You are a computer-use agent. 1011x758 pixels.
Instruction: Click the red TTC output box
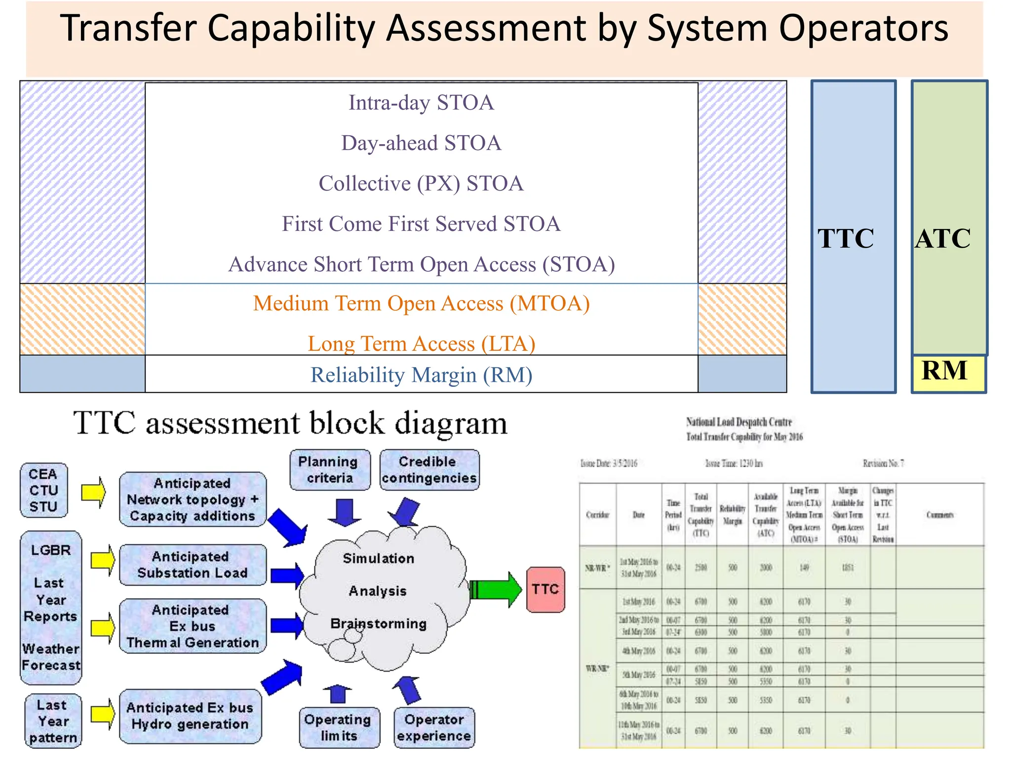pyautogui.click(x=545, y=589)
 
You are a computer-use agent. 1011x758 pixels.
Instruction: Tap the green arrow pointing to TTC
pyautogui.click(x=496, y=589)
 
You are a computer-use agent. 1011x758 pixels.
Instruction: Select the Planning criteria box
pyautogui.click(x=330, y=470)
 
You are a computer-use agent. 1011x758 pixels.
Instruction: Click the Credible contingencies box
pyautogui.click(x=429, y=470)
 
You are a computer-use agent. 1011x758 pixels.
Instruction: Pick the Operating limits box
pyautogui.click(x=339, y=727)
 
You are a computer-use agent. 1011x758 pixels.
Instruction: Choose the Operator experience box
pyautogui.click(x=434, y=727)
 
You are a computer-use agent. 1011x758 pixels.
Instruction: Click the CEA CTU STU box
pyautogui.click(x=43, y=490)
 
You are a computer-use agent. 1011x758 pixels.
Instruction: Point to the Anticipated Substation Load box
pyautogui.click(x=193, y=565)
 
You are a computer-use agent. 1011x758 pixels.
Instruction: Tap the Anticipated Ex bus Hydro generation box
pyautogui.click(x=190, y=716)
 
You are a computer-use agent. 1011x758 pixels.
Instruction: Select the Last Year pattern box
pyautogui.click(x=53, y=721)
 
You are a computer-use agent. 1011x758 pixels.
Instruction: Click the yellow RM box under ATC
pyautogui.click(x=947, y=374)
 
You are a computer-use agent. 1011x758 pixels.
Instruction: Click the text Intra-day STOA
pyautogui.click(x=421, y=103)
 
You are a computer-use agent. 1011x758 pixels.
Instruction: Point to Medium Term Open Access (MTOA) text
pyautogui.click(x=421, y=303)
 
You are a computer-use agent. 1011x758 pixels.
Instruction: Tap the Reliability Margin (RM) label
pyautogui.click(x=421, y=375)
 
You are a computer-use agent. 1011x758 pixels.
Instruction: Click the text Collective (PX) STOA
pyautogui.click(x=421, y=184)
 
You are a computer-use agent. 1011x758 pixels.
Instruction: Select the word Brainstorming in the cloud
pyautogui.click(x=379, y=624)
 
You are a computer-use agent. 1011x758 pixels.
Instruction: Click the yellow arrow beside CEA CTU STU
pyautogui.click(x=94, y=492)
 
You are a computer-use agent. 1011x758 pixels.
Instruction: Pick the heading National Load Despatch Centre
pyautogui.click(x=739, y=422)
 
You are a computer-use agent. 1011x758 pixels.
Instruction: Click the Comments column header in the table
pyautogui.click(x=939, y=515)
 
